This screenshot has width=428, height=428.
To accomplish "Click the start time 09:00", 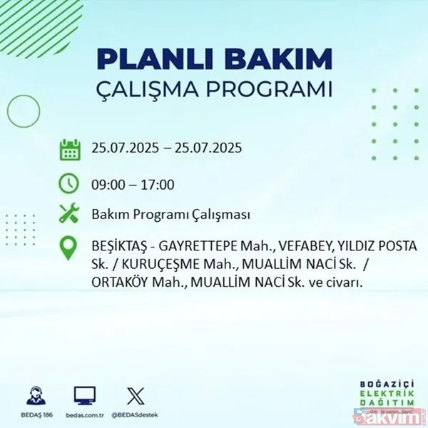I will (107, 185).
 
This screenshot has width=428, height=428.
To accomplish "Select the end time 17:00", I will (158, 185).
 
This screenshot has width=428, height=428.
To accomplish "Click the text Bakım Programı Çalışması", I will (170, 215).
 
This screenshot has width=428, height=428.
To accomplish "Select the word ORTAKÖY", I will (119, 282).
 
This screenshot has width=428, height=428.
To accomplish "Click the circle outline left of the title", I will (22, 111).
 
